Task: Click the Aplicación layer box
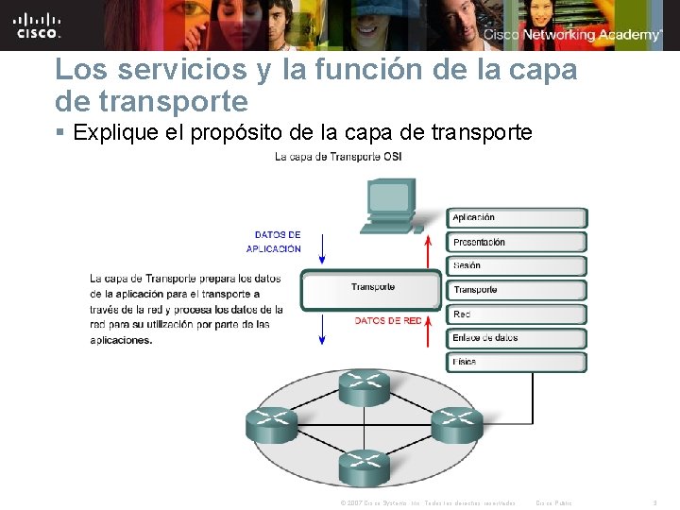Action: click(x=517, y=218)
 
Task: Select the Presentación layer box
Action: click(x=517, y=243)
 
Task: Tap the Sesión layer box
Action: click(x=517, y=266)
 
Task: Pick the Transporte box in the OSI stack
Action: click(x=517, y=290)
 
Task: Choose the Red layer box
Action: click(x=517, y=314)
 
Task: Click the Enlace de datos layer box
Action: click(x=517, y=338)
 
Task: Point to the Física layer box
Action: click(x=517, y=362)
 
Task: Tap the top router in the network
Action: click(x=365, y=385)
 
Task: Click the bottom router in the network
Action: click(x=365, y=463)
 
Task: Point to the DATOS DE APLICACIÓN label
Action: click(x=275, y=242)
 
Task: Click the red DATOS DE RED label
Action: click(x=388, y=321)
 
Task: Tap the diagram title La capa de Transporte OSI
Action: click(x=338, y=157)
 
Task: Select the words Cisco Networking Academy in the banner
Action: click(x=572, y=35)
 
